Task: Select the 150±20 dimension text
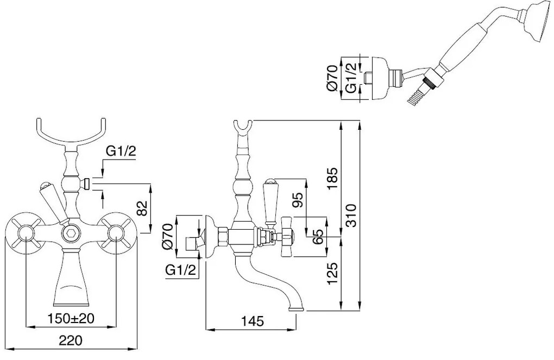tap(72, 318)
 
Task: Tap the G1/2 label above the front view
tap(120, 153)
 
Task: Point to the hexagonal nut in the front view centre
tap(70, 234)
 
